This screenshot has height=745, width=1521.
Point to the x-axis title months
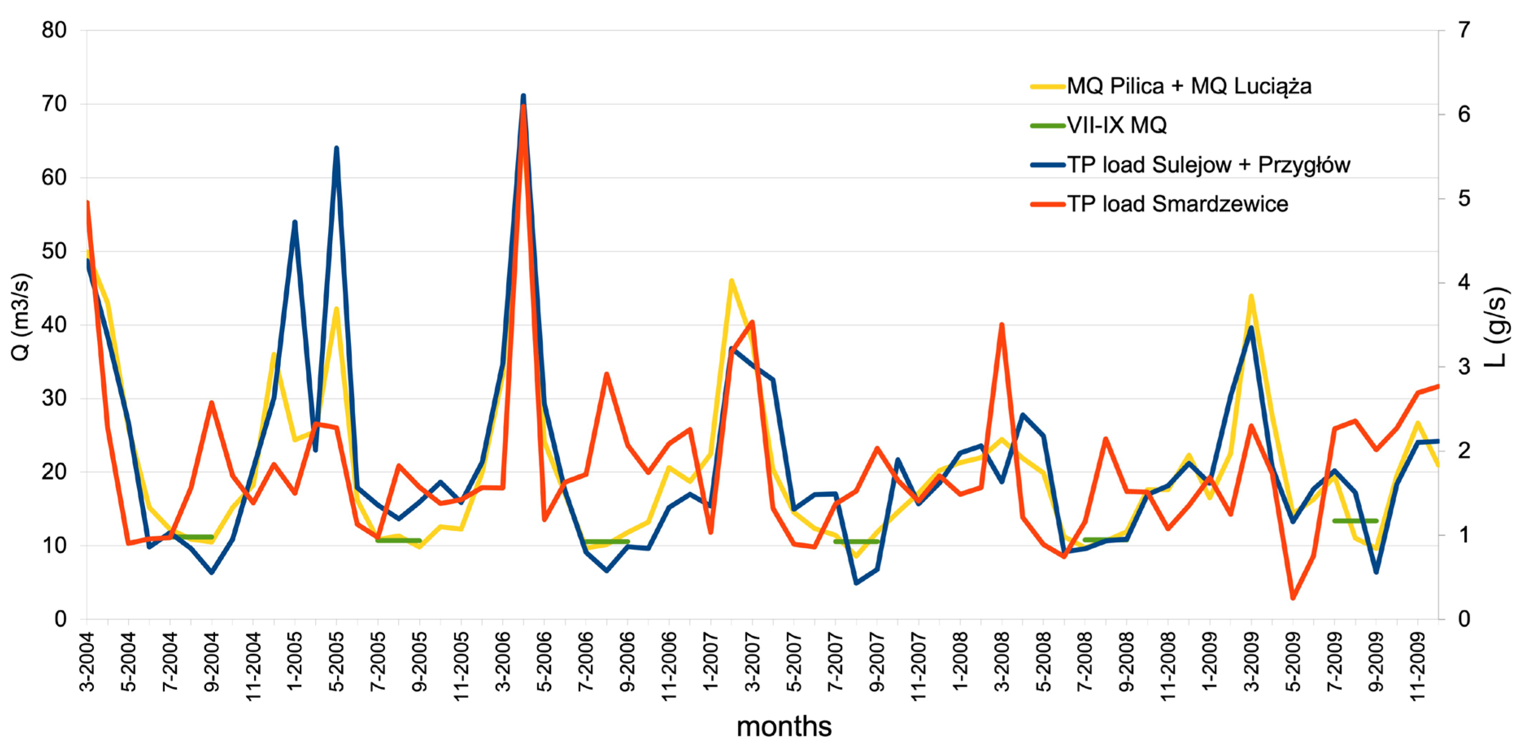tap(783, 726)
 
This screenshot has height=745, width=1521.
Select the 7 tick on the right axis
tap(1464, 30)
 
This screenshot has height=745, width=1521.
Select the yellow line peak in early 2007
tap(731, 281)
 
